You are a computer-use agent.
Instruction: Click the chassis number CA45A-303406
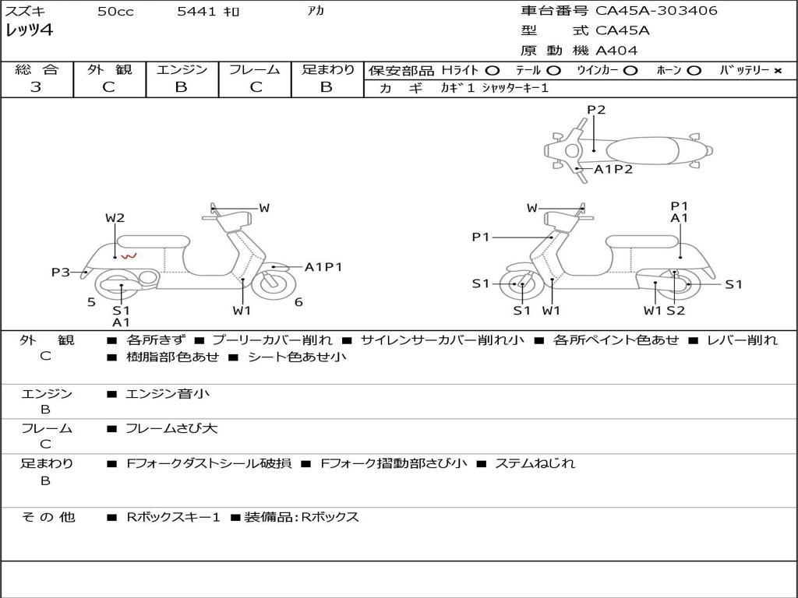click(656, 11)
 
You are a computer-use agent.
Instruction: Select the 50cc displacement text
click(115, 12)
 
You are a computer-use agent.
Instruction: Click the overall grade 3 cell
click(36, 87)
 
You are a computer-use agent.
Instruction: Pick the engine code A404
click(616, 51)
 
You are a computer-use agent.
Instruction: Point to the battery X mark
click(777, 71)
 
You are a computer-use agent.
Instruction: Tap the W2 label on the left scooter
click(115, 218)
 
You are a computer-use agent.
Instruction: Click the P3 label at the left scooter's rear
click(61, 272)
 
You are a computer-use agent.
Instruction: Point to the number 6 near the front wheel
click(298, 302)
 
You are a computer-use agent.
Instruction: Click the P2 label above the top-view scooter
click(596, 110)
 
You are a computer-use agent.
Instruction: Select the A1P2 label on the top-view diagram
click(613, 169)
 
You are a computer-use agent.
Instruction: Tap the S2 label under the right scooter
click(675, 311)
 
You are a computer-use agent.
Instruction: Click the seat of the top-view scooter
click(643, 149)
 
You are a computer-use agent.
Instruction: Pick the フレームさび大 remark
click(171, 428)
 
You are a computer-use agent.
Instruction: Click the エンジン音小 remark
click(168, 394)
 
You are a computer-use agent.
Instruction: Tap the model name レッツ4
click(30, 31)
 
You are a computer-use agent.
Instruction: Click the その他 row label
click(48, 517)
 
